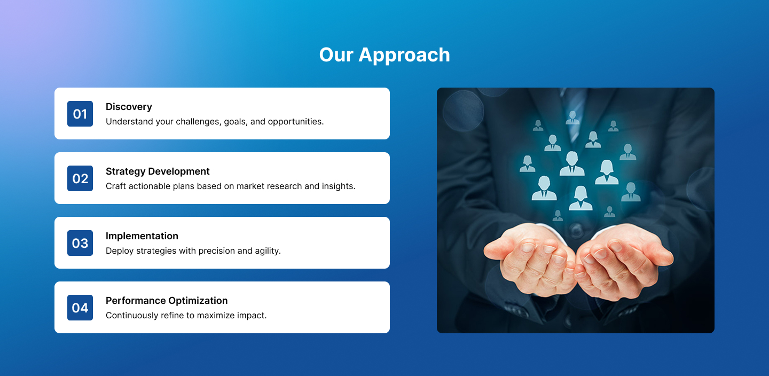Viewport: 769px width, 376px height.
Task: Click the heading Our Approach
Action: pyautogui.click(x=384, y=55)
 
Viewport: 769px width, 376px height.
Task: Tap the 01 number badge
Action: pyautogui.click(x=80, y=114)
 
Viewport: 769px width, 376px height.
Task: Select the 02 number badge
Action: pyautogui.click(x=80, y=178)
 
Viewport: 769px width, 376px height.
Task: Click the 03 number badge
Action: pyautogui.click(x=80, y=243)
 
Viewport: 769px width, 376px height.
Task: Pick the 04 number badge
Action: pyautogui.click(x=80, y=308)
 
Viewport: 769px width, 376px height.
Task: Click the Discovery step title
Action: pyautogui.click(x=129, y=107)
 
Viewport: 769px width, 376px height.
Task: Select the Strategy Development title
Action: pyautogui.click(x=158, y=171)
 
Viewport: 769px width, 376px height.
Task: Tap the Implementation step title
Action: pyautogui.click(x=142, y=236)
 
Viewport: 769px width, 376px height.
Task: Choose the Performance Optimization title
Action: pyautogui.click(x=167, y=301)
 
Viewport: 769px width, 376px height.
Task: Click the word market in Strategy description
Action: pyautogui.click(x=251, y=186)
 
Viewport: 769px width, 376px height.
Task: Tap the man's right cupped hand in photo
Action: pyautogui.click(x=529, y=259)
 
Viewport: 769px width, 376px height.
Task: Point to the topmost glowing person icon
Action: pyautogui.click(x=572, y=117)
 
